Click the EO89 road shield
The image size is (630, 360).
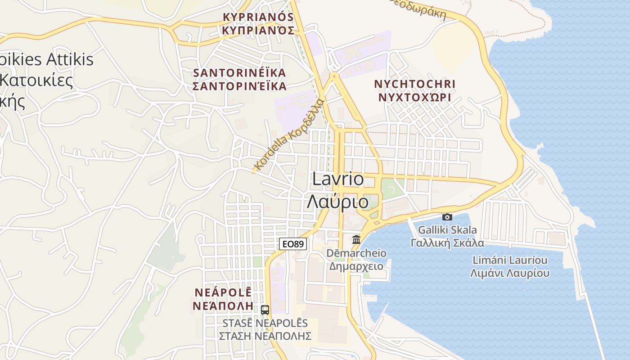[x=293, y=244]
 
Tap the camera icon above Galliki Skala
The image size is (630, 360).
[x=447, y=217]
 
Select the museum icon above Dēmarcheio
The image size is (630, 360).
[x=356, y=239]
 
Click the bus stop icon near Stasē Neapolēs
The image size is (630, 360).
[x=265, y=310]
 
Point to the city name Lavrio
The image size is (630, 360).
[x=338, y=179]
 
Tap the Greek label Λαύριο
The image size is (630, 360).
[x=337, y=202]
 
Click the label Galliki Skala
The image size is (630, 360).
[x=447, y=230]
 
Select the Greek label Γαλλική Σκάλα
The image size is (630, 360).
[x=447, y=243]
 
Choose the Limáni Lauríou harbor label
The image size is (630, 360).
[x=510, y=260]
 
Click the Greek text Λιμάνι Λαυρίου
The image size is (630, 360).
[x=510, y=273]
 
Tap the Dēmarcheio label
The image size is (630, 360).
[x=356, y=253]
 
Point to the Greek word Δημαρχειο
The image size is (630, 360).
[x=356, y=266]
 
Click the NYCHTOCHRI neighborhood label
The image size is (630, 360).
[x=415, y=84]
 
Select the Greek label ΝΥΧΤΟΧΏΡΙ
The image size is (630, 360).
[x=415, y=97]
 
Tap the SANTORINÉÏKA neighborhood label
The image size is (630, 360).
[x=239, y=72]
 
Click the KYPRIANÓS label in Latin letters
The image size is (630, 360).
[x=258, y=17]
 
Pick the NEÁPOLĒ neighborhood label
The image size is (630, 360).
[x=223, y=292]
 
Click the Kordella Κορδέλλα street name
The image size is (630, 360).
[x=289, y=135]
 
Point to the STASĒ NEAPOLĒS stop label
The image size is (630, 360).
[x=265, y=323]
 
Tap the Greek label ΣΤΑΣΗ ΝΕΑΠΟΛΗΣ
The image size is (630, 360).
[x=265, y=336]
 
